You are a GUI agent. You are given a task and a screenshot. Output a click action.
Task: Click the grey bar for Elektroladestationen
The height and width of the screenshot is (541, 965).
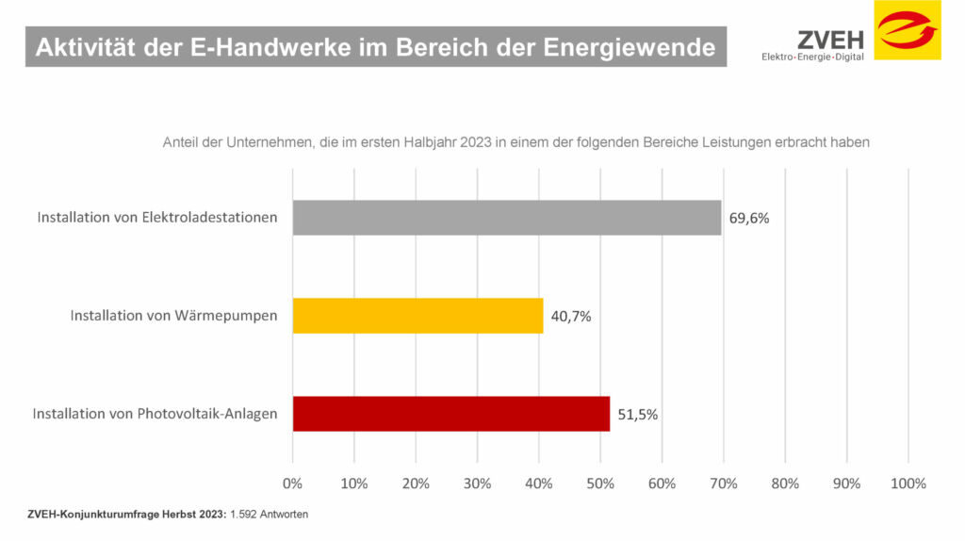pos(507,217)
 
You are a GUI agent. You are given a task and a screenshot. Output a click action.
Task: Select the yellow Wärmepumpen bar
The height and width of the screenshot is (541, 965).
pos(417,316)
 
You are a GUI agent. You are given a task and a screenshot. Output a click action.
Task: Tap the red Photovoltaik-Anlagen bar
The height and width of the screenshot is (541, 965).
pos(451,414)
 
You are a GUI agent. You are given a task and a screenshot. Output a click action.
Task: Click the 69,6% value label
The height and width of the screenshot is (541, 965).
pos(749,218)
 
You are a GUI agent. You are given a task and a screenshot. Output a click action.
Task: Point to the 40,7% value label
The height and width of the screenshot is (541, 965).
pos(571,317)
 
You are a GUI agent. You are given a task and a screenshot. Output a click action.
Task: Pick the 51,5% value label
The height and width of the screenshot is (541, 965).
pos(638,415)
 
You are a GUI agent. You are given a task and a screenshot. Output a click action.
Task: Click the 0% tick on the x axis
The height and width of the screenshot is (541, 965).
pos(293,484)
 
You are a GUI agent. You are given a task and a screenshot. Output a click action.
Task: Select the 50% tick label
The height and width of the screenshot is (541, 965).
pos(600,484)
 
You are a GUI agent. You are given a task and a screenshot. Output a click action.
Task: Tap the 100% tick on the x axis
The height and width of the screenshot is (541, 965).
pos(908,484)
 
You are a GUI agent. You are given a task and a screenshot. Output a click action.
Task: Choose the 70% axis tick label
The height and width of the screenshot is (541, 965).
pos(723,484)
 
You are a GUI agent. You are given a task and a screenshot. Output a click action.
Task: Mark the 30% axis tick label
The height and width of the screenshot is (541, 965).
pos(477,484)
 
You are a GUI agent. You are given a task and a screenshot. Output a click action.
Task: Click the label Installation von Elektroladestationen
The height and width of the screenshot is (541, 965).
pos(157,217)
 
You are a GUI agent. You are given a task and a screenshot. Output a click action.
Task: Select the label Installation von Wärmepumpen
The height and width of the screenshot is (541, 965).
pos(174,316)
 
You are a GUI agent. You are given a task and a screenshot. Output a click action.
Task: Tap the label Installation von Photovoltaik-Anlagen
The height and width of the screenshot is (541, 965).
pos(155,414)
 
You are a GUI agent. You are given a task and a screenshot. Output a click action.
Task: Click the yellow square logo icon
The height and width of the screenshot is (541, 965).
pos(908,30)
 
